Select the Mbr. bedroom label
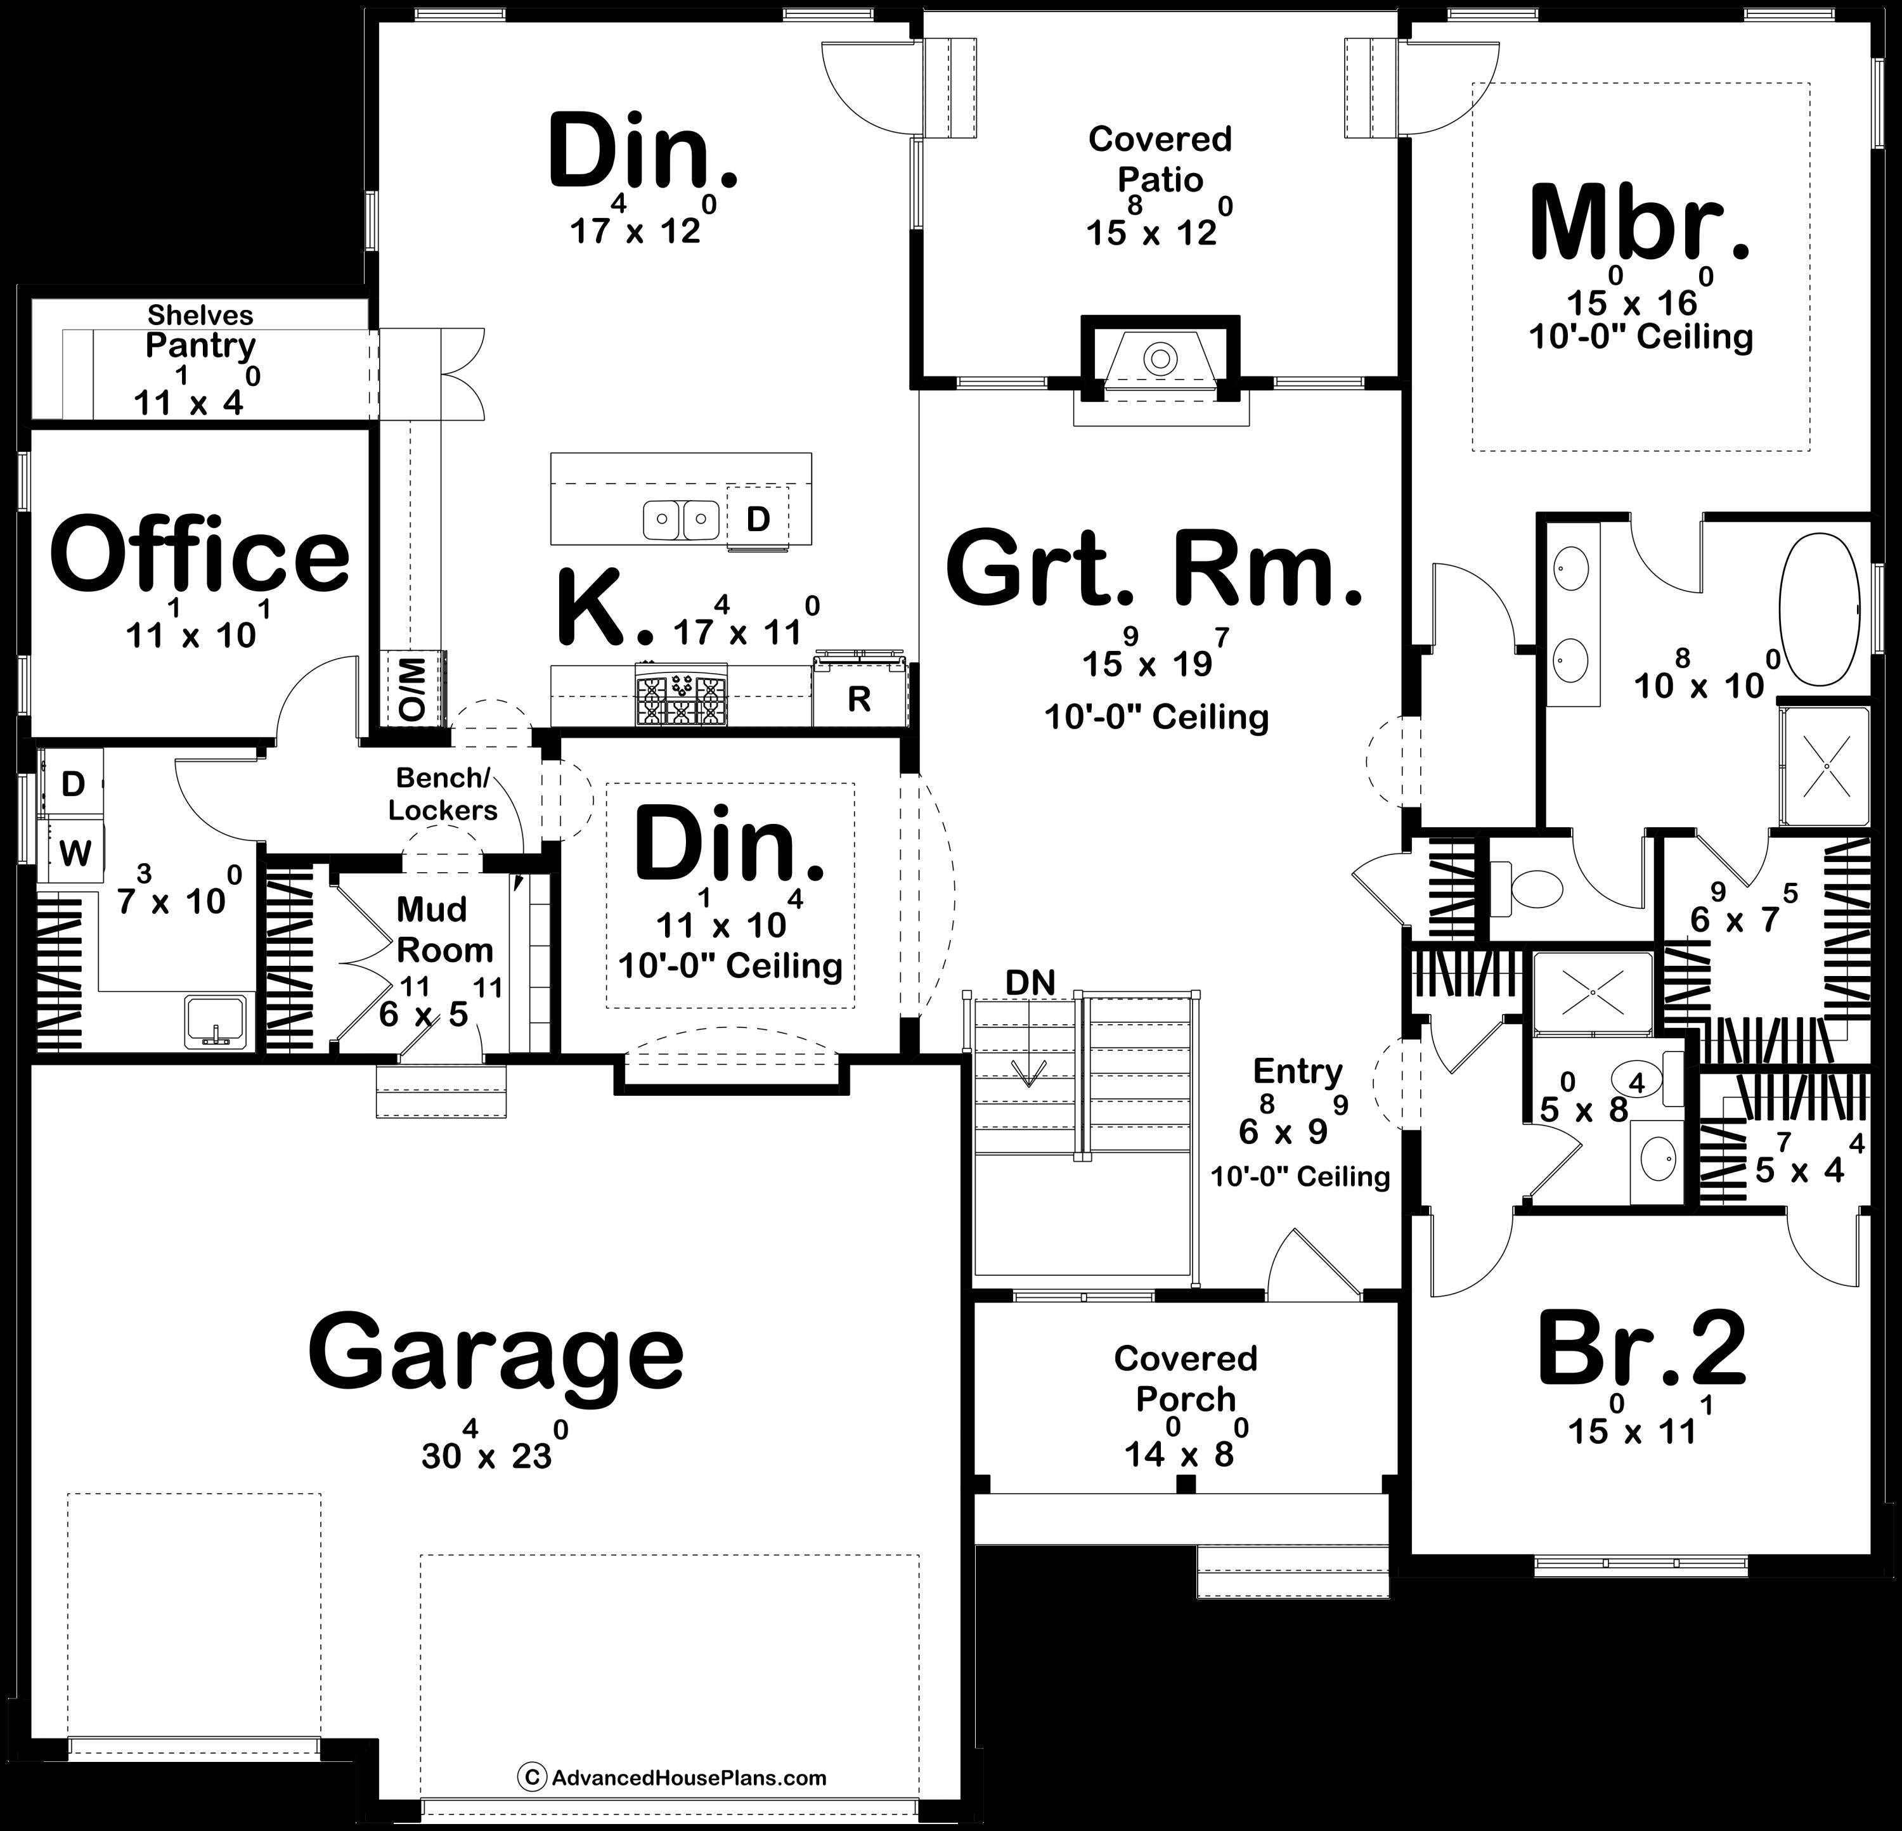(1640, 226)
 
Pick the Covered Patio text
(1160, 159)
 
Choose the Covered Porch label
(1185, 1378)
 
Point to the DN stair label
(1030, 983)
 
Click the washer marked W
(75, 853)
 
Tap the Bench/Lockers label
(443, 793)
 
